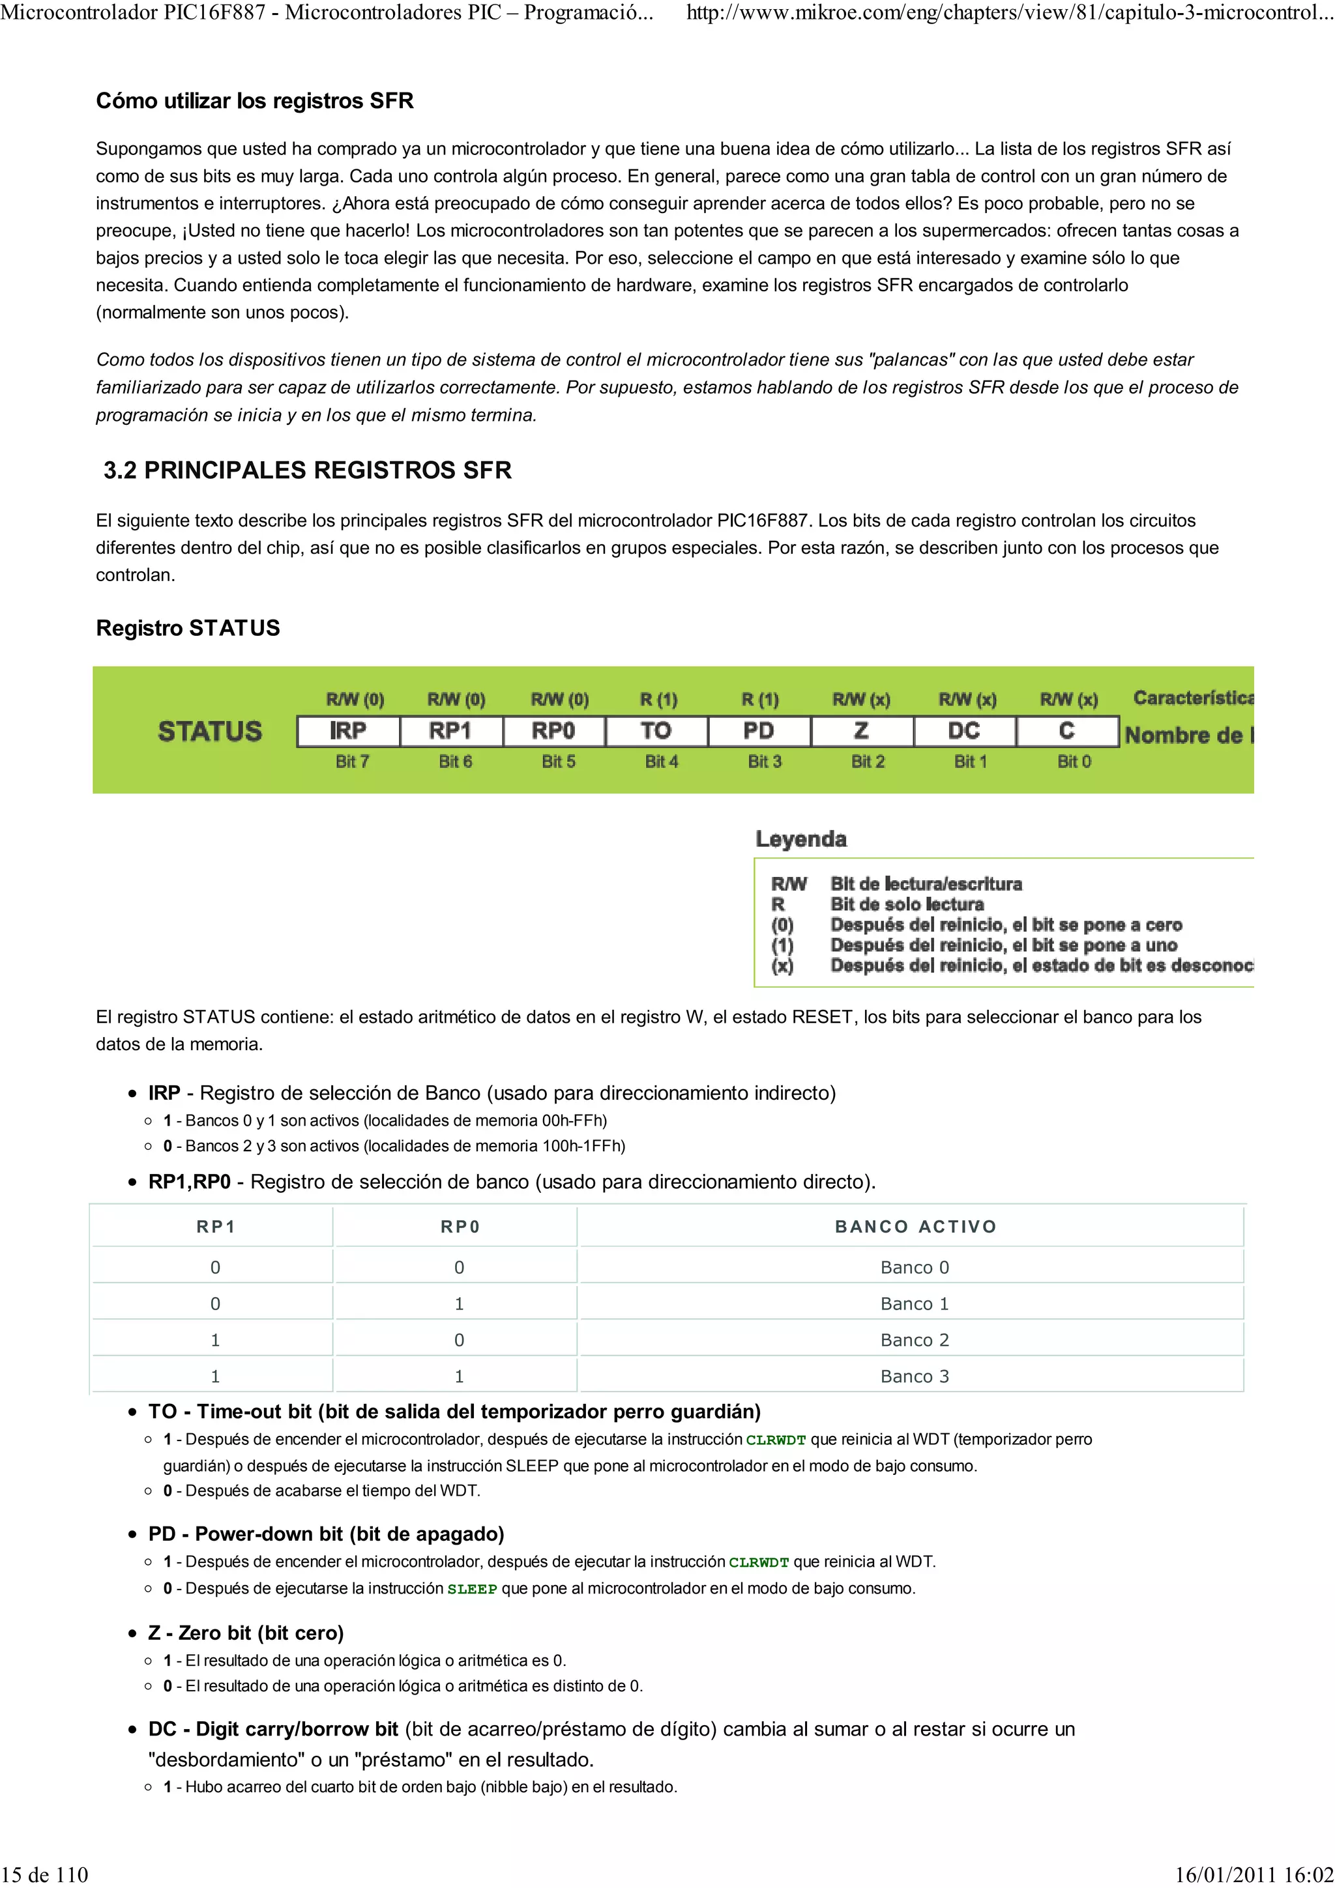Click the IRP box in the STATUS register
tap(348, 731)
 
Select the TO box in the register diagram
tap(656, 731)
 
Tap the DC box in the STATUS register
tap(964, 731)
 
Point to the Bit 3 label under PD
tap(764, 762)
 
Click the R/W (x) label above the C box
tap(1068, 700)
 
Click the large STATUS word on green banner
tap(210, 731)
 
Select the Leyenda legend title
tap(800, 838)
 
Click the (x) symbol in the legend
tap(782, 965)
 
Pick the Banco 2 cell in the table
tap(914, 1339)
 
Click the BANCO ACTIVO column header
tap(915, 1227)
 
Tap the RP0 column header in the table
tap(460, 1227)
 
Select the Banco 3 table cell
tap(914, 1376)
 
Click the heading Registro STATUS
tap(188, 628)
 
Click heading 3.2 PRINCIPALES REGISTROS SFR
tap(307, 470)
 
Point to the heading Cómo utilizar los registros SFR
tap(254, 101)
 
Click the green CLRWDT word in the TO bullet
tap(775, 1440)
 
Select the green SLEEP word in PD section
tap(471, 1590)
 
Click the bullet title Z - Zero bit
tap(246, 1633)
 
